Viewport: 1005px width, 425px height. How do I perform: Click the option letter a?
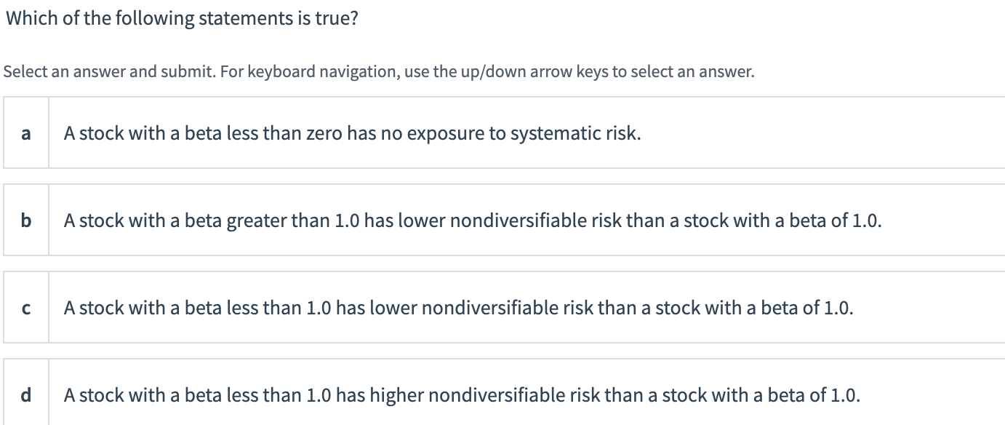[x=26, y=133]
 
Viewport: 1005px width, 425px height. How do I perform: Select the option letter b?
[x=26, y=220]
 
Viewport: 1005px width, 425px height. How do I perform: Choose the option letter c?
[x=26, y=308]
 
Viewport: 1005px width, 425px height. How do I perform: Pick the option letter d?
[x=26, y=395]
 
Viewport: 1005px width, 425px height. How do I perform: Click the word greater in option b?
[x=256, y=221]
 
